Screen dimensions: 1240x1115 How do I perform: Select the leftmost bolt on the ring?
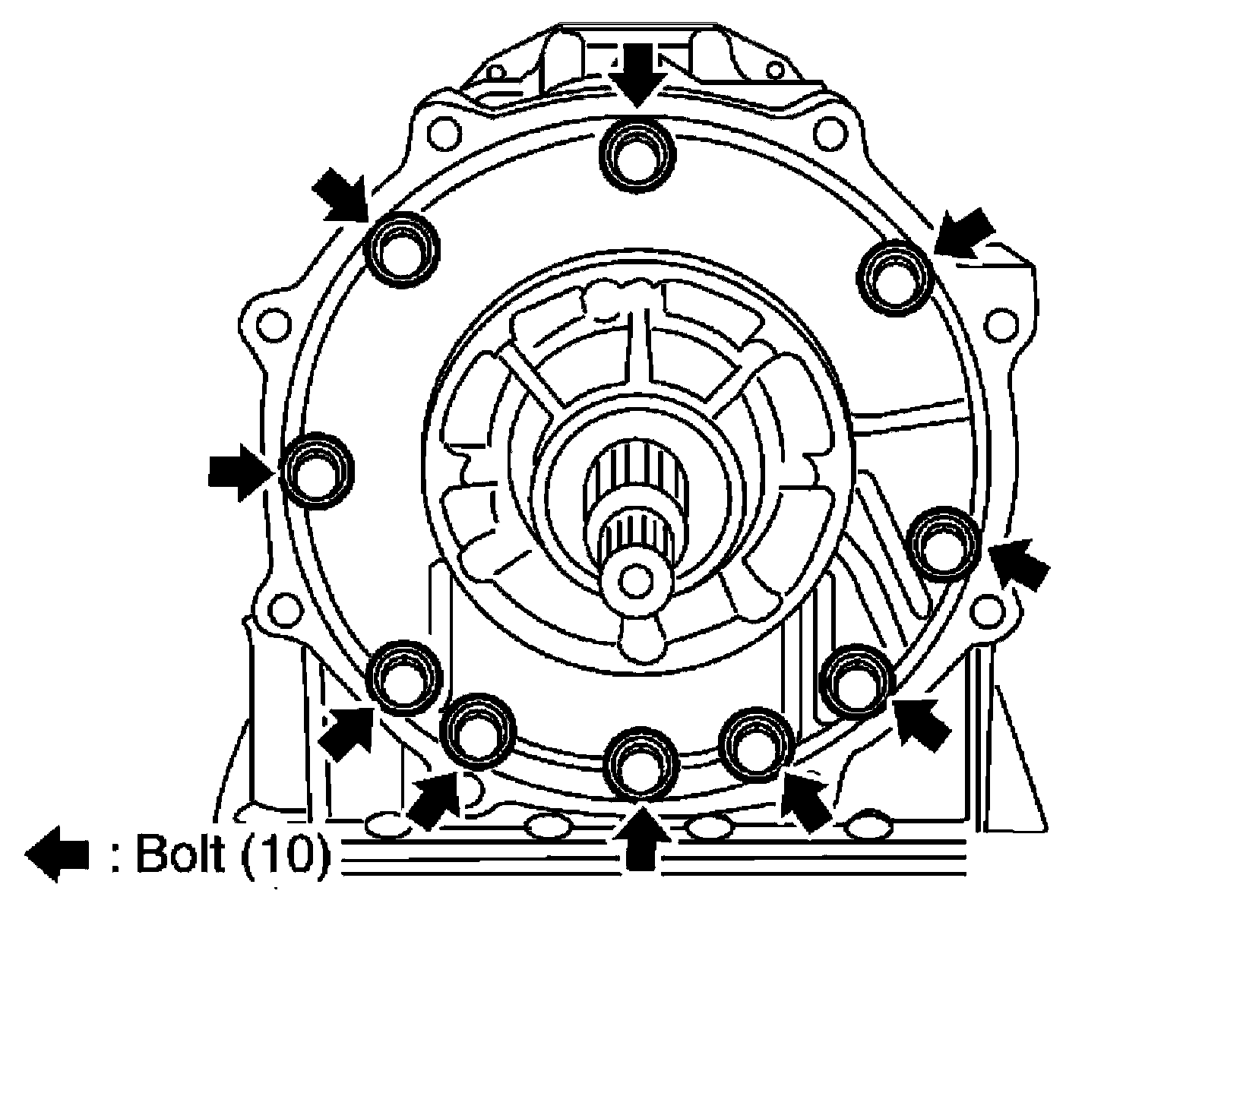coord(316,471)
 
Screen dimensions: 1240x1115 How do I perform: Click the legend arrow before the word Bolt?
coord(58,855)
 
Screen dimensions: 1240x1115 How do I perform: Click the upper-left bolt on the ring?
coord(401,251)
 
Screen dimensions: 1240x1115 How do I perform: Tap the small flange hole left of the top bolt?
coord(442,134)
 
